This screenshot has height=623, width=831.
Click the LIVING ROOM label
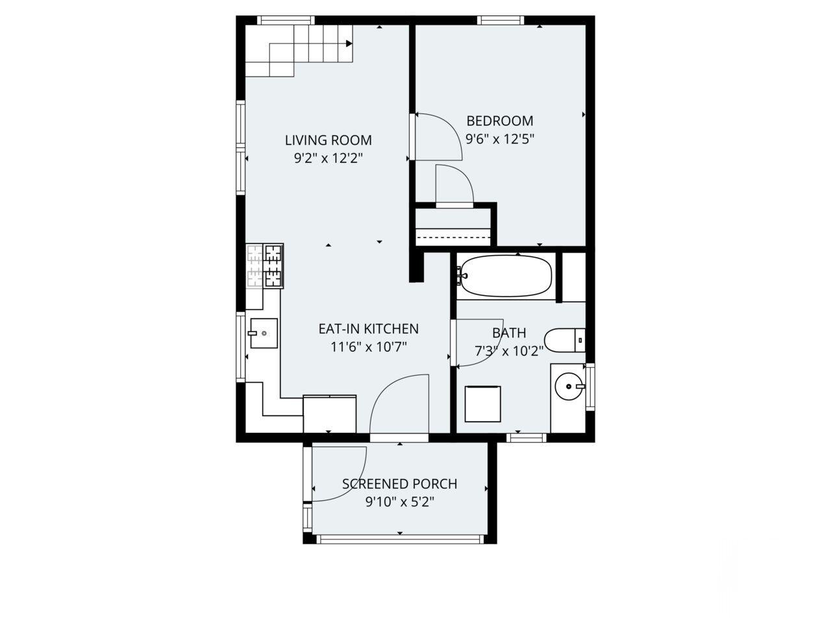tap(329, 140)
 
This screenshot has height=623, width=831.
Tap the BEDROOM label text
tap(500, 121)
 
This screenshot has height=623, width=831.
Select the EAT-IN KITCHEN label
tap(368, 329)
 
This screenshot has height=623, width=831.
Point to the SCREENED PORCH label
tap(399, 484)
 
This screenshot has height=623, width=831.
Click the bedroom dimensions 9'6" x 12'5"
tap(500, 138)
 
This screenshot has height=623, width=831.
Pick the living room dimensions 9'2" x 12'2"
tap(329, 158)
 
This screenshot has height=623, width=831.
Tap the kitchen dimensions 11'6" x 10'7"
tap(368, 347)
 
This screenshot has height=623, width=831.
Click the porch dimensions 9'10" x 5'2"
tap(399, 502)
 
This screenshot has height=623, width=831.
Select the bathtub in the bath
tap(506, 276)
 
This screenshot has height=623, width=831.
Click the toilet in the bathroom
tap(565, 340)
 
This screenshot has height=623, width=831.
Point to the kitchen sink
tap(264, 334)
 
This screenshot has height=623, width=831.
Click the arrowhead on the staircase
tap(349, 44)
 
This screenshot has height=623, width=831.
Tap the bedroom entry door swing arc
tap(441, 133)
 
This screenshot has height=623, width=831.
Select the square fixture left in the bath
tap(483, 404)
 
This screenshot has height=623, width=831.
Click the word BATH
tap(509, 334)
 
